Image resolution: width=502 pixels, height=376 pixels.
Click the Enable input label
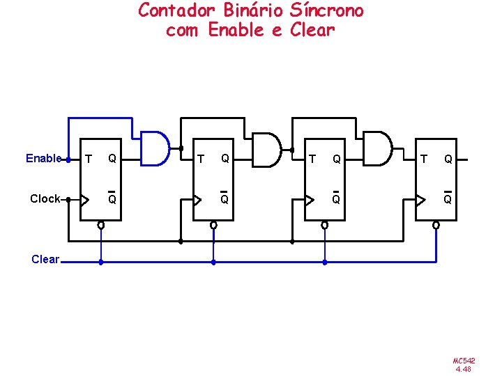pyautogui.click(x=43, y=159)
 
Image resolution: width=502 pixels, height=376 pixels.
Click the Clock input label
pyautogui.click(x=45, y=199)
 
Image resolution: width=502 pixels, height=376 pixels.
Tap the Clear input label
pyautogui.click(x=45, y=260)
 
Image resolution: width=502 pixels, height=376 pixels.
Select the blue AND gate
pyautogui.click(x=155, y=148)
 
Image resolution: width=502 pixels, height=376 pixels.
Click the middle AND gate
pyautogui.click(x=266, y=149)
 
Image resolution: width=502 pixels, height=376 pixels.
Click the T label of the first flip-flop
pyautogui.click(x=88, y=159)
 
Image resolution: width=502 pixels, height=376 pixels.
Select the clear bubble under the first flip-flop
pyautogui.click(x=101, y=226)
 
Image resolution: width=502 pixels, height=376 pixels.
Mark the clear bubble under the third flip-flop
pyautogui.click(x=324, y=226)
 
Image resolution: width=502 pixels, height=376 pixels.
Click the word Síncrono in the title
pyautogui.click(x=326, y=10)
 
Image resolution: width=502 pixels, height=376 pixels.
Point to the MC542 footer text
pyautogui.click(x=464, y=361)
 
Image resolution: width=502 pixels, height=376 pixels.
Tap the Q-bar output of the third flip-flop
pyautogui.click(x=336, y=199)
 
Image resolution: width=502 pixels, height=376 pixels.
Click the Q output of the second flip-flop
pyautogui.click(x=225, y=159)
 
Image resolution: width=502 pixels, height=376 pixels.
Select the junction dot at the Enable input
pyautogui.click(x=68, y=159)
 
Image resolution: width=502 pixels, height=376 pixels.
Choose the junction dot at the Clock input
pyautogui.click(x=68, y=199)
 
